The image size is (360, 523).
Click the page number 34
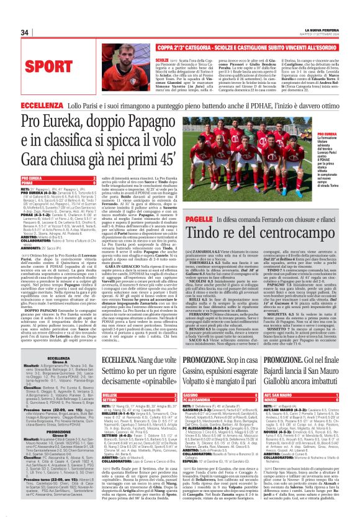click(x=25, y=32)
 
